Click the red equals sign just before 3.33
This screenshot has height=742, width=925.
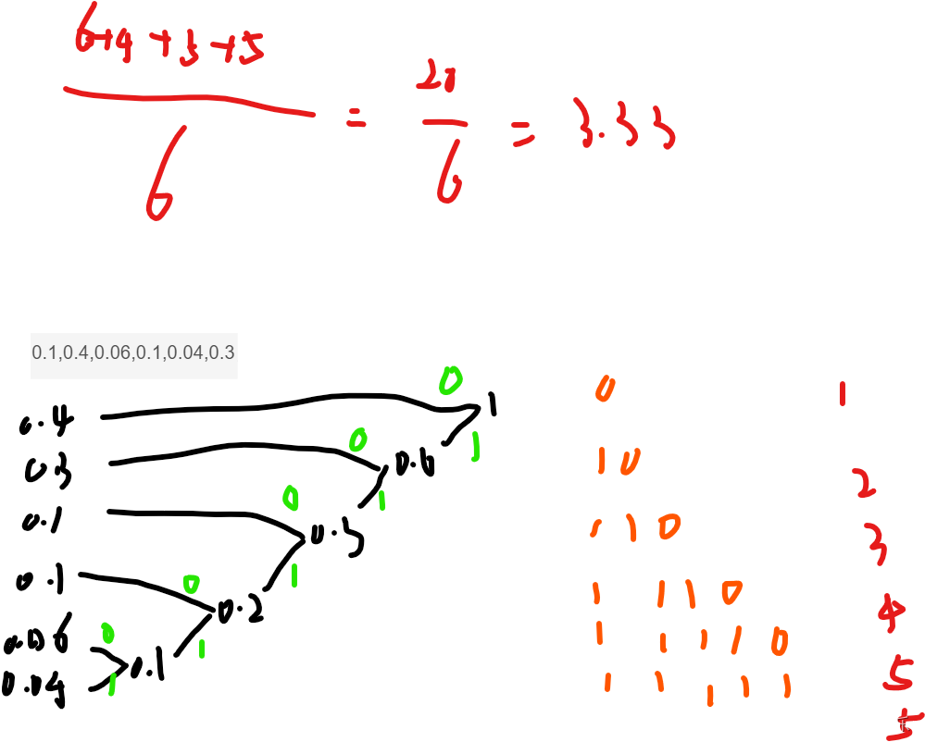[523, 138]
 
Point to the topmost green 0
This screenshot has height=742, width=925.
[450, 379]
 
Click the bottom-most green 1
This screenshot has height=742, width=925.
[111, 684]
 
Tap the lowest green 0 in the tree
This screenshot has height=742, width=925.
[107, 633]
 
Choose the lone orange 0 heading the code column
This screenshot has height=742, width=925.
[605, 389]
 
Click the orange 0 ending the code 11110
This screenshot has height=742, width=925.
[779, 641]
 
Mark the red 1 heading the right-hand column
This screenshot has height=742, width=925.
[842, 394]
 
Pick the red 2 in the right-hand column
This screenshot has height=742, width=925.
[863, 483]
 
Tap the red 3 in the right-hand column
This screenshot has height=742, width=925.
[875, 543]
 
